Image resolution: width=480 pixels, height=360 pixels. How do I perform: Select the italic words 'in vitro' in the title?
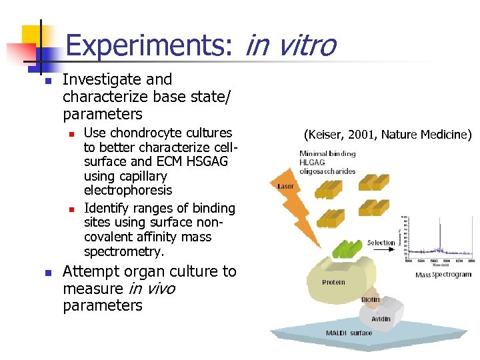coord(291,46)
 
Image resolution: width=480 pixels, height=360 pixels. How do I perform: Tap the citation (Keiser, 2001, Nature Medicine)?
coord(387,135)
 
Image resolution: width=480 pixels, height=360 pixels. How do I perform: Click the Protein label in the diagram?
coord(333,282)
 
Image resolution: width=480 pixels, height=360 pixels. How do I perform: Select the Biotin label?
coord(371,300)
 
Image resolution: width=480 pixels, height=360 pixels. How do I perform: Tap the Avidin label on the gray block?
coord(381,319)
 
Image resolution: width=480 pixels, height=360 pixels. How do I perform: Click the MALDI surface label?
coord(349,333)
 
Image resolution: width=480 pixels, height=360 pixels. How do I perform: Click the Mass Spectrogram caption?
coord(443,275)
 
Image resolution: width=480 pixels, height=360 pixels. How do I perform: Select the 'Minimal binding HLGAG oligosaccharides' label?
coord(327,162)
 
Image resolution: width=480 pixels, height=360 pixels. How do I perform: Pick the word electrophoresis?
coord(128,191)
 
